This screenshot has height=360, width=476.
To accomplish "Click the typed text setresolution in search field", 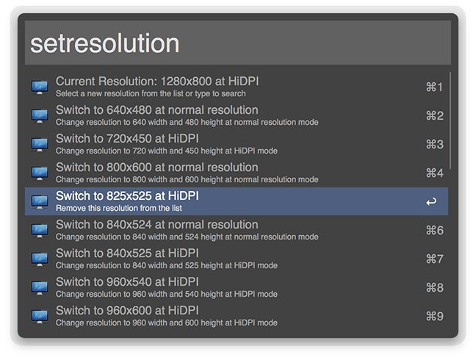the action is pyautogui.click(x=105, y=43).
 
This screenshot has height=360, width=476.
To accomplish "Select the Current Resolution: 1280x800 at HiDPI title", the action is pyautogui.click(x=157, y=82).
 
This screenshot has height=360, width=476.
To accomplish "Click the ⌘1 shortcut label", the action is pyautogui.click(x=434, y=87).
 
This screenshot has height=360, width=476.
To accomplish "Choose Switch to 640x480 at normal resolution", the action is pyautogui.click(x=157, y=110).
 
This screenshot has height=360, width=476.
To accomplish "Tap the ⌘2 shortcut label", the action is pyautogui.click(x=434, y=115).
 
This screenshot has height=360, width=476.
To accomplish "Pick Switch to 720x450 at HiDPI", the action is pyautogui.click(x=127, y=139).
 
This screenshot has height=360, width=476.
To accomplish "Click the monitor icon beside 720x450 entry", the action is pyautogui.click(x=40, y=145).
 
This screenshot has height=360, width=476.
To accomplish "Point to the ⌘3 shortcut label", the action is pyautogui.click(x=434, y=145).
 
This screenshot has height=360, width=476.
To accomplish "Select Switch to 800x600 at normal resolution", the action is pyautogui.click(x=157, y=168).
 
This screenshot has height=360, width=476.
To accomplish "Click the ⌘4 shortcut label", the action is pyautogui.click(x=434, y=173).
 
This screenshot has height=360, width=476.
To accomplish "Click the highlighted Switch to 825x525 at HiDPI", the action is pyautogui.click(x=127, y=195).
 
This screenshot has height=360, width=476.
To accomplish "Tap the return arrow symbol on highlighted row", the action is pyautogui.click(x=431, y=201).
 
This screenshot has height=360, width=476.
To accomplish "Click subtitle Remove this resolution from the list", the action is pyautogui.click(x=119, y=208).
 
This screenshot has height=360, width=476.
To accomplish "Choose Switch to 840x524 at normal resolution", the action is pyautogui.click(x=157, y=225).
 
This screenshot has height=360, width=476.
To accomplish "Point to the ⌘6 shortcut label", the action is pyautogui.click(x=434, y=231).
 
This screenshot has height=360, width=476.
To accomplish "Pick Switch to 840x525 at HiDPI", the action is pyautogui.click(x=127, y=253).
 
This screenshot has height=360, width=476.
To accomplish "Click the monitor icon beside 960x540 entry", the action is pyautogui.click(x=40, y=287).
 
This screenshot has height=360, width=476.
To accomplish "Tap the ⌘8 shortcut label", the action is pyautogui.click(x=434, y=288).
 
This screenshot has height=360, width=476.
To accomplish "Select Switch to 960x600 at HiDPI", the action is pyautogui.click(x=127, y=311).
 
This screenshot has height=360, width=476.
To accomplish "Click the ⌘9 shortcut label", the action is pyautogui.click(x=434, y=317).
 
